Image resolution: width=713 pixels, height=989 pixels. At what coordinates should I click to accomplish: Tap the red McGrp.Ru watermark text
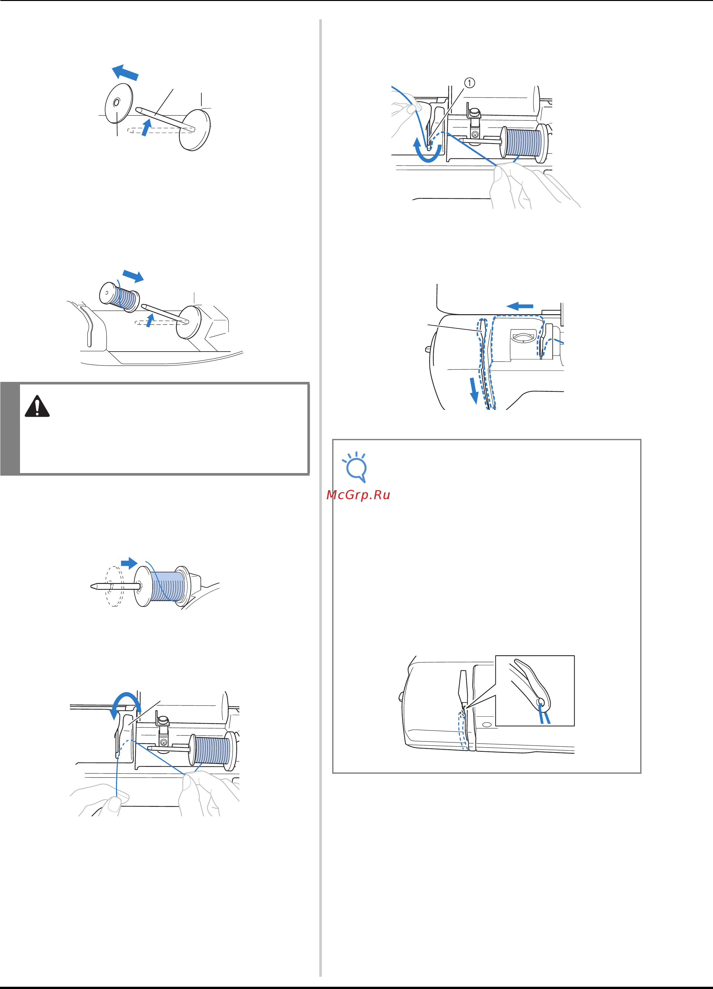[x=358, y=495]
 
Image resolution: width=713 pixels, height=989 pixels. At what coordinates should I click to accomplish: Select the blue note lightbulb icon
[x=355, y=467]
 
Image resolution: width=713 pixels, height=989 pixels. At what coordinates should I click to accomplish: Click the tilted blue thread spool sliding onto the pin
[x=120, y=296]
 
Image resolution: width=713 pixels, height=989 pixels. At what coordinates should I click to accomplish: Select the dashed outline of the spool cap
[x=115, y=587]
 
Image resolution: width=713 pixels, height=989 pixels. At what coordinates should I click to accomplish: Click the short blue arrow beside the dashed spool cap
[x=129, y=563]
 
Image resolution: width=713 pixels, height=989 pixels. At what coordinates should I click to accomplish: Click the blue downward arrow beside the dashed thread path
[x=474, y=391]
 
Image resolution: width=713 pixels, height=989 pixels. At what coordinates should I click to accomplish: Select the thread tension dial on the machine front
[x=525, y=337]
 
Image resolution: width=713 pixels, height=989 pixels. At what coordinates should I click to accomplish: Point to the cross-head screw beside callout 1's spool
[x=475, y=135]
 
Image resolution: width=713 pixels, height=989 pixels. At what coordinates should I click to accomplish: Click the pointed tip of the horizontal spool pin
[x=92, y=586]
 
